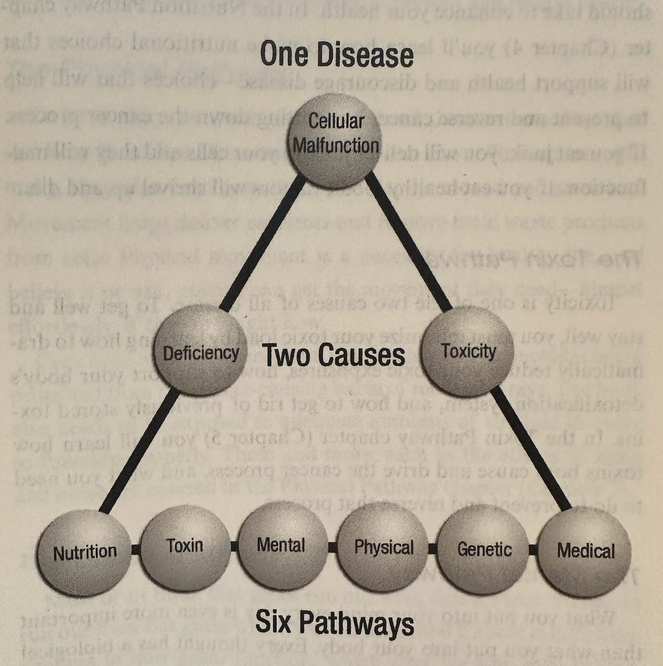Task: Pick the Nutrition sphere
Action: pos(85,551)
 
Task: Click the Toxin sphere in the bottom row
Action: pos(185,546)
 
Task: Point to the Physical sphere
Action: pos(383,547)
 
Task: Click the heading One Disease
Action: pos(336,55)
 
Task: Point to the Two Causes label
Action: pos(334,356)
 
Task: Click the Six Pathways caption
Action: pos(334,624)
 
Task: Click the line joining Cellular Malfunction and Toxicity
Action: pos(408,245)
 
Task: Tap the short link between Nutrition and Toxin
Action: pos(136,550)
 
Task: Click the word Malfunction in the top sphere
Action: pos(335,145)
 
